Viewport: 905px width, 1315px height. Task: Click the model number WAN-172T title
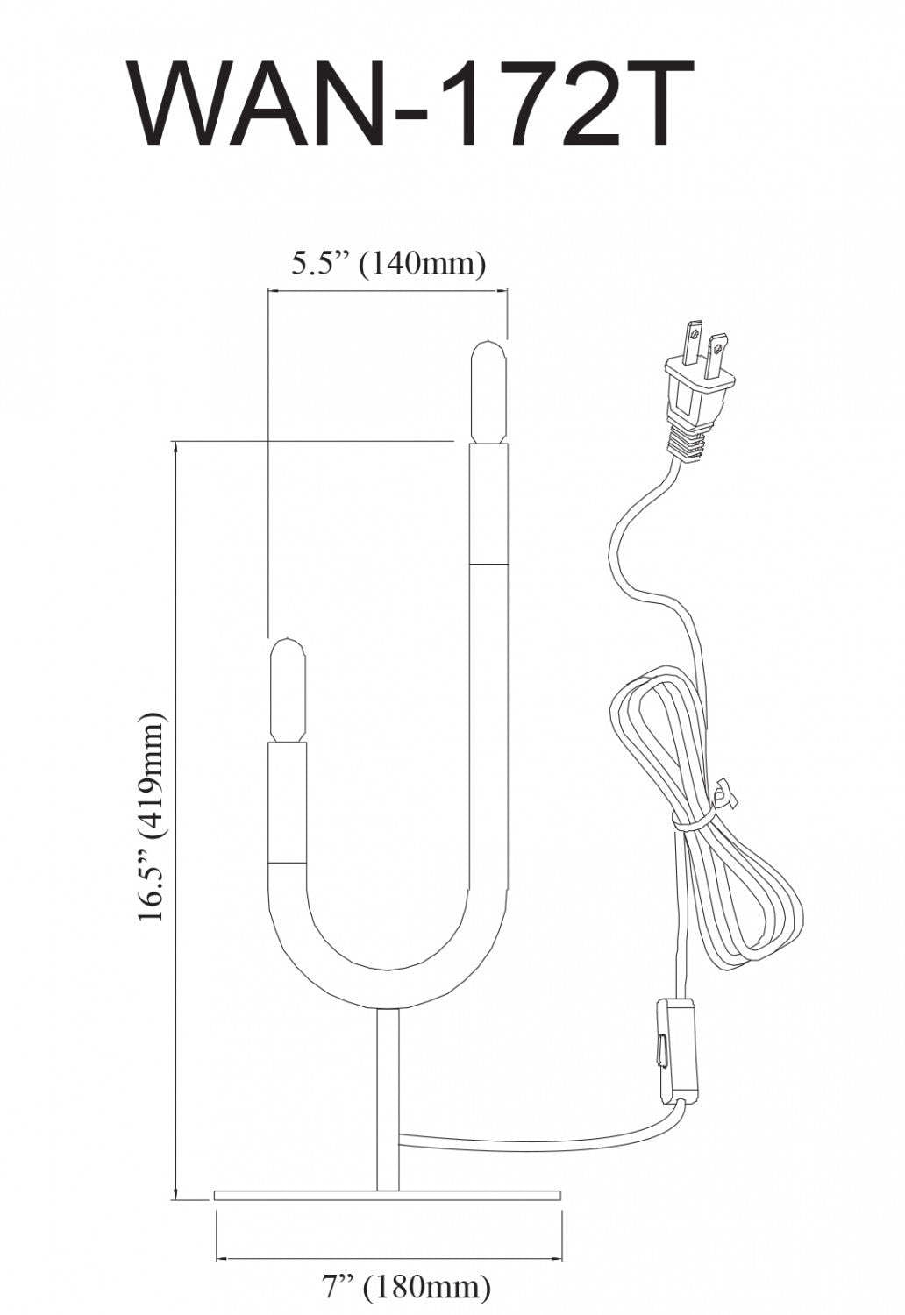pos(412,103)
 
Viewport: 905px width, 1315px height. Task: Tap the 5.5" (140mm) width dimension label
pos(388,263)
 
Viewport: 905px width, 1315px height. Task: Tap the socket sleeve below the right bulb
pos(488,503)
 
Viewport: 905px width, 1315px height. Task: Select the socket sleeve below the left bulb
pos(288,802)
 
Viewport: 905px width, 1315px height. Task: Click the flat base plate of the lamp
pos(387,1195)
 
